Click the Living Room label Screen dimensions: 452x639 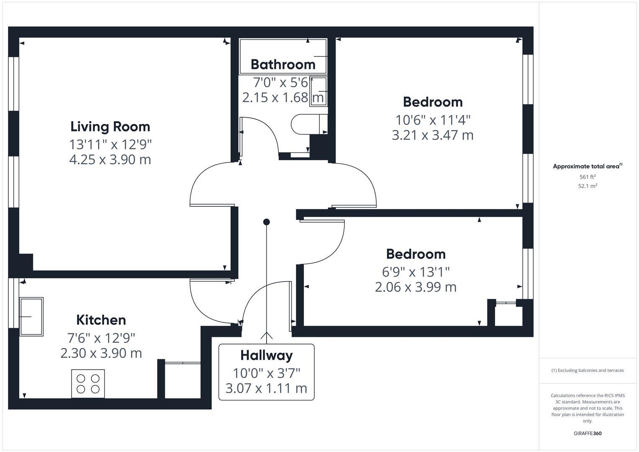click(x=110, y=126)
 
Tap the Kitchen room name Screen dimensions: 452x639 click(x=101, y=320)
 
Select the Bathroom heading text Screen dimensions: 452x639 click(x=283, y=64)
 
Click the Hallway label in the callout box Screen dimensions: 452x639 click(x=266, y=355)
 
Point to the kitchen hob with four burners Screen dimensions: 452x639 click(x=88, y=384)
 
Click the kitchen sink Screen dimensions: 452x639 click(x=31, y=316)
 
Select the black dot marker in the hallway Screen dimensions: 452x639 click(x=267, y=222)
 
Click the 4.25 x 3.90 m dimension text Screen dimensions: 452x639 click(x=110, y=159)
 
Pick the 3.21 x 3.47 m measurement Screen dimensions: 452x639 click(x=433, y=135)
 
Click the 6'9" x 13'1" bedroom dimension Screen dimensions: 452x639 click(x=416, y=272)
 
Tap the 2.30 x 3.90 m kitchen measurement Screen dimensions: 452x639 click(x=101, y=353)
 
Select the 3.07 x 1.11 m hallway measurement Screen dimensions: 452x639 click(x=266, y=388)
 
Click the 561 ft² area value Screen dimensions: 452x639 click(x=588, y=177)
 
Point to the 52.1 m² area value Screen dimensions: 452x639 click(x=588, y=186)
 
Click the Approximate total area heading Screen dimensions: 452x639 click(x=587, y=166)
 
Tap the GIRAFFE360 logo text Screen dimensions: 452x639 click(x=588, y=433)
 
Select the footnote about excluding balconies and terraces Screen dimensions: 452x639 click(x=588, y=370)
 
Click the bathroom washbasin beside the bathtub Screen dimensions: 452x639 click(x=318, y=91)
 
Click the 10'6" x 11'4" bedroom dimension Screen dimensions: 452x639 click(x=433, y=120)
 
